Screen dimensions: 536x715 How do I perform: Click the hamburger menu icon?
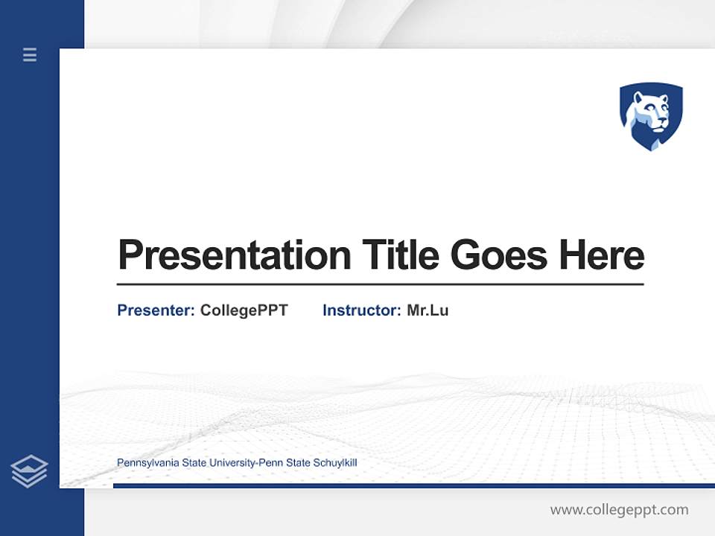(x=30, y=54)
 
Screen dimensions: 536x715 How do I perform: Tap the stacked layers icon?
(x=29, y=471)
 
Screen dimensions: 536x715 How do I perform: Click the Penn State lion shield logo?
(x=651, y=116)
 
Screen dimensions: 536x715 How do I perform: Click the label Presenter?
(x=156, y=310)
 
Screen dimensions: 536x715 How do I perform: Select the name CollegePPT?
(x=244, y=310)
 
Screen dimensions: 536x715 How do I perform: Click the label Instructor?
(x=361, y=310)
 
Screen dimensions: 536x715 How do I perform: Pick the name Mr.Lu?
(x=428, y=310)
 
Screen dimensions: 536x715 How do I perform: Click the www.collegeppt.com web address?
(x=619, y=510)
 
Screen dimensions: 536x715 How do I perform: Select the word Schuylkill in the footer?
(x=335, y=463)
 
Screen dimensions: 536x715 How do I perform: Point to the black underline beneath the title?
(x=380, y=284)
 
